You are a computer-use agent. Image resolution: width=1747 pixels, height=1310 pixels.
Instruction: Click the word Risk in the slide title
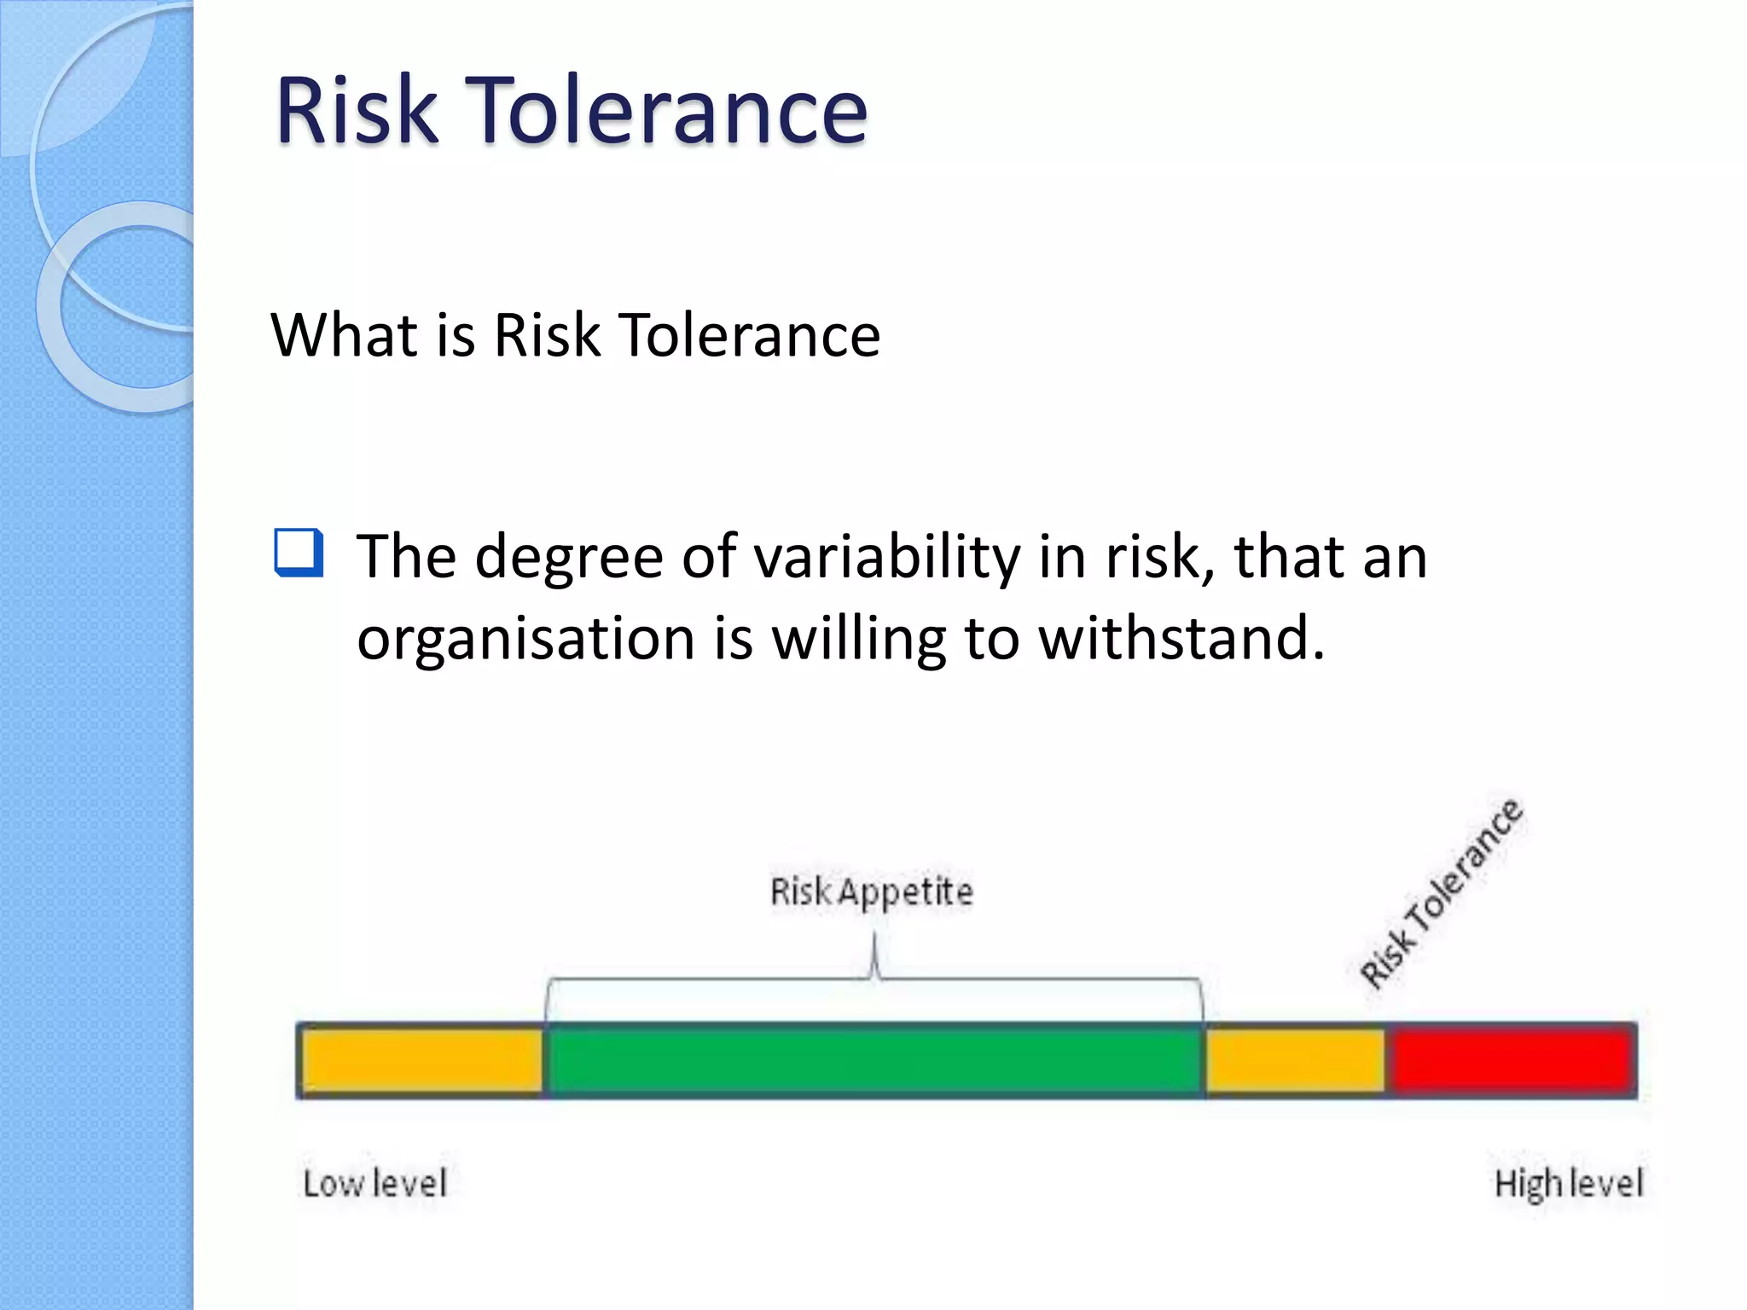click(x=356, y=110)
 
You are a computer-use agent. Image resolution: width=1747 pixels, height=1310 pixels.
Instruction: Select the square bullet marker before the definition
click(x=299, y=553)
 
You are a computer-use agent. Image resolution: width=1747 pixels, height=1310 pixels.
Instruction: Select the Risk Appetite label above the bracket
click(x=871, y=892)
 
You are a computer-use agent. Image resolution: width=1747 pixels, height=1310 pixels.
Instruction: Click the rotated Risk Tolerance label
click(x=1440, y=893)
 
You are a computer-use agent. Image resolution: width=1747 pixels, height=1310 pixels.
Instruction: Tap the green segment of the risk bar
click(x=873, y=1060)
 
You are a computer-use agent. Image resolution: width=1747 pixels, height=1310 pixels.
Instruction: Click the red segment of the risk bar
click(x=1510, y=1060)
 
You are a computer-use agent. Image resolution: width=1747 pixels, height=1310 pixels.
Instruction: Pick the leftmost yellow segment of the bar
click(x=422, y=1060)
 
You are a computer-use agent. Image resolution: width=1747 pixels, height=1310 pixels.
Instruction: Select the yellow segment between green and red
click(x=1295, y=1060)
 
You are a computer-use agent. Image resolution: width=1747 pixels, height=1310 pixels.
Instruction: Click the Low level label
click(x=374, y=1184)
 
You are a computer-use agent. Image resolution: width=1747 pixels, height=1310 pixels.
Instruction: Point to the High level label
click(x=1568, y=1184)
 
